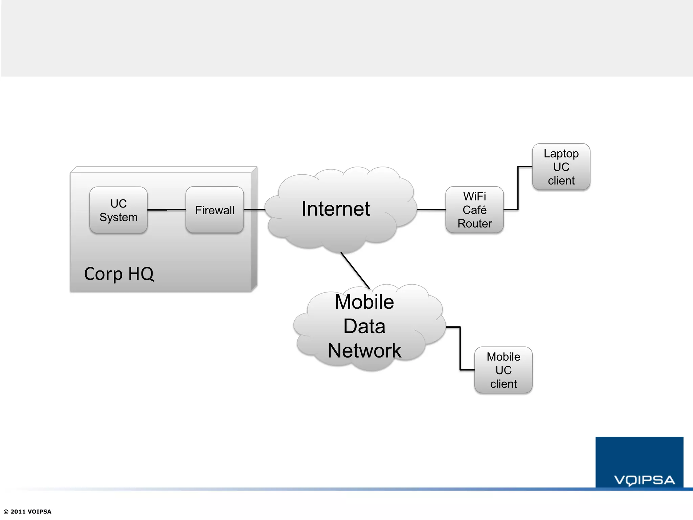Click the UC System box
click(x=118, y=210)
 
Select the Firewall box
click(x=215, y=210)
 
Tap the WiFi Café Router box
click(x=474, y=210)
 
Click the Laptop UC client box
click(x=561, y=167)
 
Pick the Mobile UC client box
click(x=503, y=370)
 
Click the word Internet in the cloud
click(x=336, y=209)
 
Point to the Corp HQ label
click(x=119, y=274)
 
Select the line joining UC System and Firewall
click(x=166, y=210)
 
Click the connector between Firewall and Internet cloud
click(x=254, y=210)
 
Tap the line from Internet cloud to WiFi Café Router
click(x=431, y=210)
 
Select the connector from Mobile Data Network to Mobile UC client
click(x=460, y=349)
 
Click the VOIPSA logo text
click(x=644, y=480)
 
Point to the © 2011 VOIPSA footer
click(x=27, y=512)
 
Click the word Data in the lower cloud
click(x=364, y=326)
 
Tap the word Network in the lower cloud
click(x=364, y=350)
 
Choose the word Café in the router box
click(x=474, y=210)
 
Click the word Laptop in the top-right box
click(x=561, y=153)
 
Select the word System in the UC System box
click(x=118, y=217)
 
